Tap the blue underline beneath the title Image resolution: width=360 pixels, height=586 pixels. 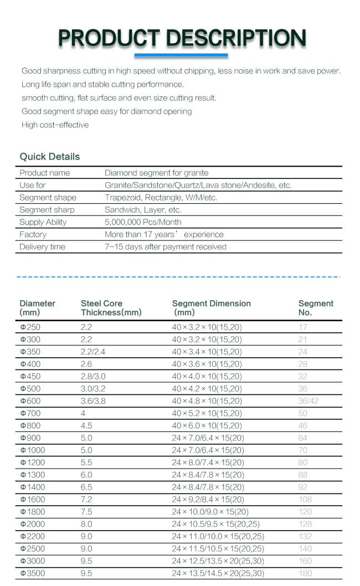pos(181,55)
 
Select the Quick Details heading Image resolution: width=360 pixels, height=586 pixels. pos(50,157)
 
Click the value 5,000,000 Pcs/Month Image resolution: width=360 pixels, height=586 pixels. pos(143,222)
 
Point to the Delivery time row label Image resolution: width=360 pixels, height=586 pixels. pos(42,246)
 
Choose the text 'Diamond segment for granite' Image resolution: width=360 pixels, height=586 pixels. pos(156,173)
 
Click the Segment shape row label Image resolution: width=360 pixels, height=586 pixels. pos(48,198)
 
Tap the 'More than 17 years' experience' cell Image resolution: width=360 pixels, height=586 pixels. pos(164,234)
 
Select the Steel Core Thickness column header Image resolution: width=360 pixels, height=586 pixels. pos(111,308)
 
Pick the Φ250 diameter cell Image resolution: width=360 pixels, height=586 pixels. pos(30,327)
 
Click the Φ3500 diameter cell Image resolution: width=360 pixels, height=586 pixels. pos(33,573)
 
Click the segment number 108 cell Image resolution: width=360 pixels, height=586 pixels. pos(305,500)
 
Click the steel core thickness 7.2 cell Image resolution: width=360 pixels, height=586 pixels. pos(86,500)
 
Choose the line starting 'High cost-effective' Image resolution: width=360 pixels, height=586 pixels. pos(55,125)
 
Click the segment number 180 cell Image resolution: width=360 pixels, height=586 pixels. pos(305,573)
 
